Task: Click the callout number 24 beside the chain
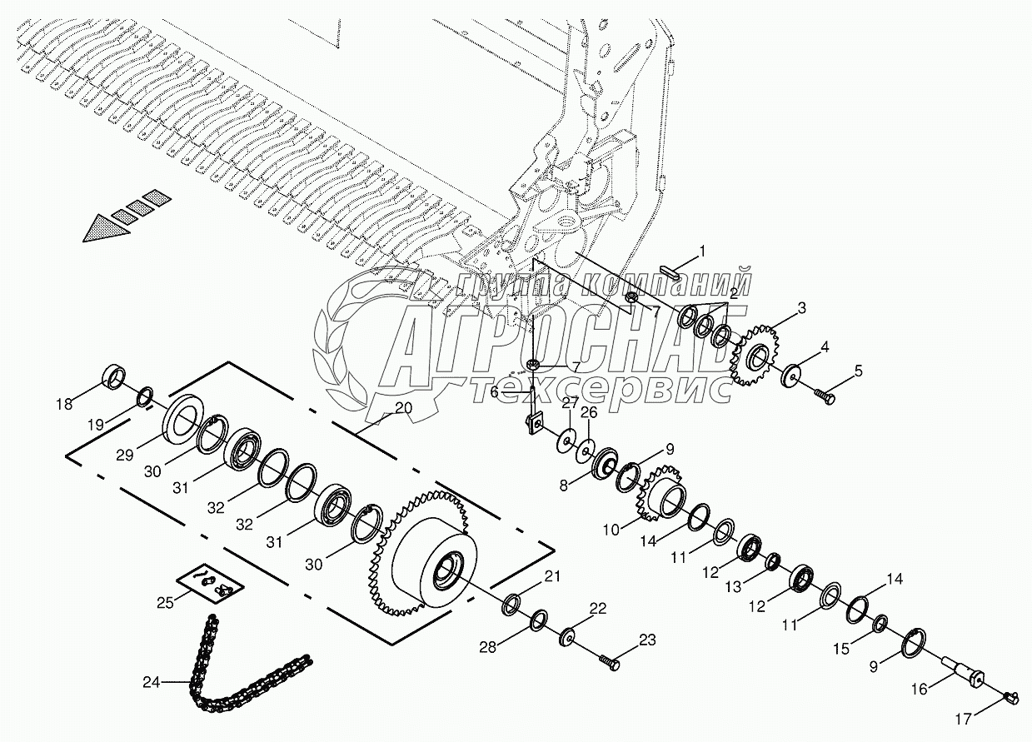pyautogui.click(x=151, y=682)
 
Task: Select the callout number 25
pyautogui.click(x=166, y=602)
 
